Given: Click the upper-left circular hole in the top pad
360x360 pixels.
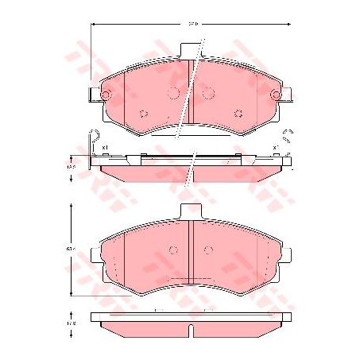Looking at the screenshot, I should pos(175,93).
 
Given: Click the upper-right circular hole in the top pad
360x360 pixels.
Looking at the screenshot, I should pos(207,93).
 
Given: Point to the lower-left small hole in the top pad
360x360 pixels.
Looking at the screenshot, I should pos(143,113).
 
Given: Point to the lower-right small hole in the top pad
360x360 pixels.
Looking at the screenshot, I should pos(238,113).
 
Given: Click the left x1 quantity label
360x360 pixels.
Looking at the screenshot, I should pos(104,148).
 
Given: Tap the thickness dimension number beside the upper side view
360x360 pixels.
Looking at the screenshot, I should pos(70,168).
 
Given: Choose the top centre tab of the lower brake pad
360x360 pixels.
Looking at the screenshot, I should pos(191,211).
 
